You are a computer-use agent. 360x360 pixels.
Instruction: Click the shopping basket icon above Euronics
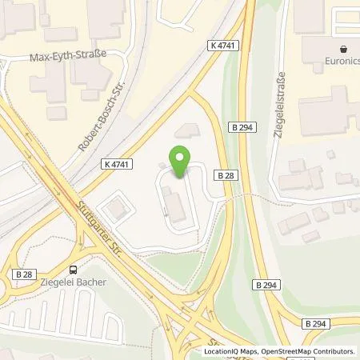(344, 47)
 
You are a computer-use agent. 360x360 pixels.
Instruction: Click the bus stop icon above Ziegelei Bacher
(74, 270)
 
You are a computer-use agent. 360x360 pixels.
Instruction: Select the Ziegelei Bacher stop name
(74, 282)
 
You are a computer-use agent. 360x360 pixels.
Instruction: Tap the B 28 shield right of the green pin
(223, 174)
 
